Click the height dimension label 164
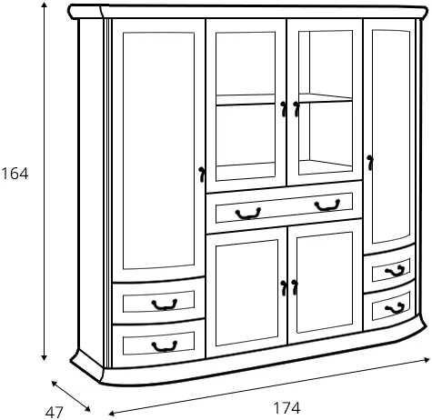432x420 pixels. pos(15,174)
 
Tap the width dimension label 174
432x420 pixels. pos(286,408)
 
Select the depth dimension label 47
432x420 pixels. pos(55,412)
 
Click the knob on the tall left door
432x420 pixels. pos(202,175)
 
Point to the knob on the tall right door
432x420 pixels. pos(369,163)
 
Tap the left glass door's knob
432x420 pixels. pos(284,109)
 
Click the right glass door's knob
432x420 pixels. pos(296,109)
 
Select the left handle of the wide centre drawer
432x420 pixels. pos(248,214)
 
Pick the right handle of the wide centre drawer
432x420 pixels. pos(327,205)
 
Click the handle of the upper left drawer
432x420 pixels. pos(165,305)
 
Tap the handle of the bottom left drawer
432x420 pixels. pos(165,346)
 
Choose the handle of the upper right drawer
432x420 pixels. pos(395,271)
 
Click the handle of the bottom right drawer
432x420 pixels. pos(395,308)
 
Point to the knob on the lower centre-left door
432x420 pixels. pos(284,288)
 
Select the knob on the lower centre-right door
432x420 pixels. pos(295,287)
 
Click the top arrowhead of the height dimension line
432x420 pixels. pos(45,5)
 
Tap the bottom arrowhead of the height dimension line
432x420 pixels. pos(45,357)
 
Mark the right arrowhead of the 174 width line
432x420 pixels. pos(427,360)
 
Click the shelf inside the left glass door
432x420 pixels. pos(246,100)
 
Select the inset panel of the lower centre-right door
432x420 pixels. pos(325,283)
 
